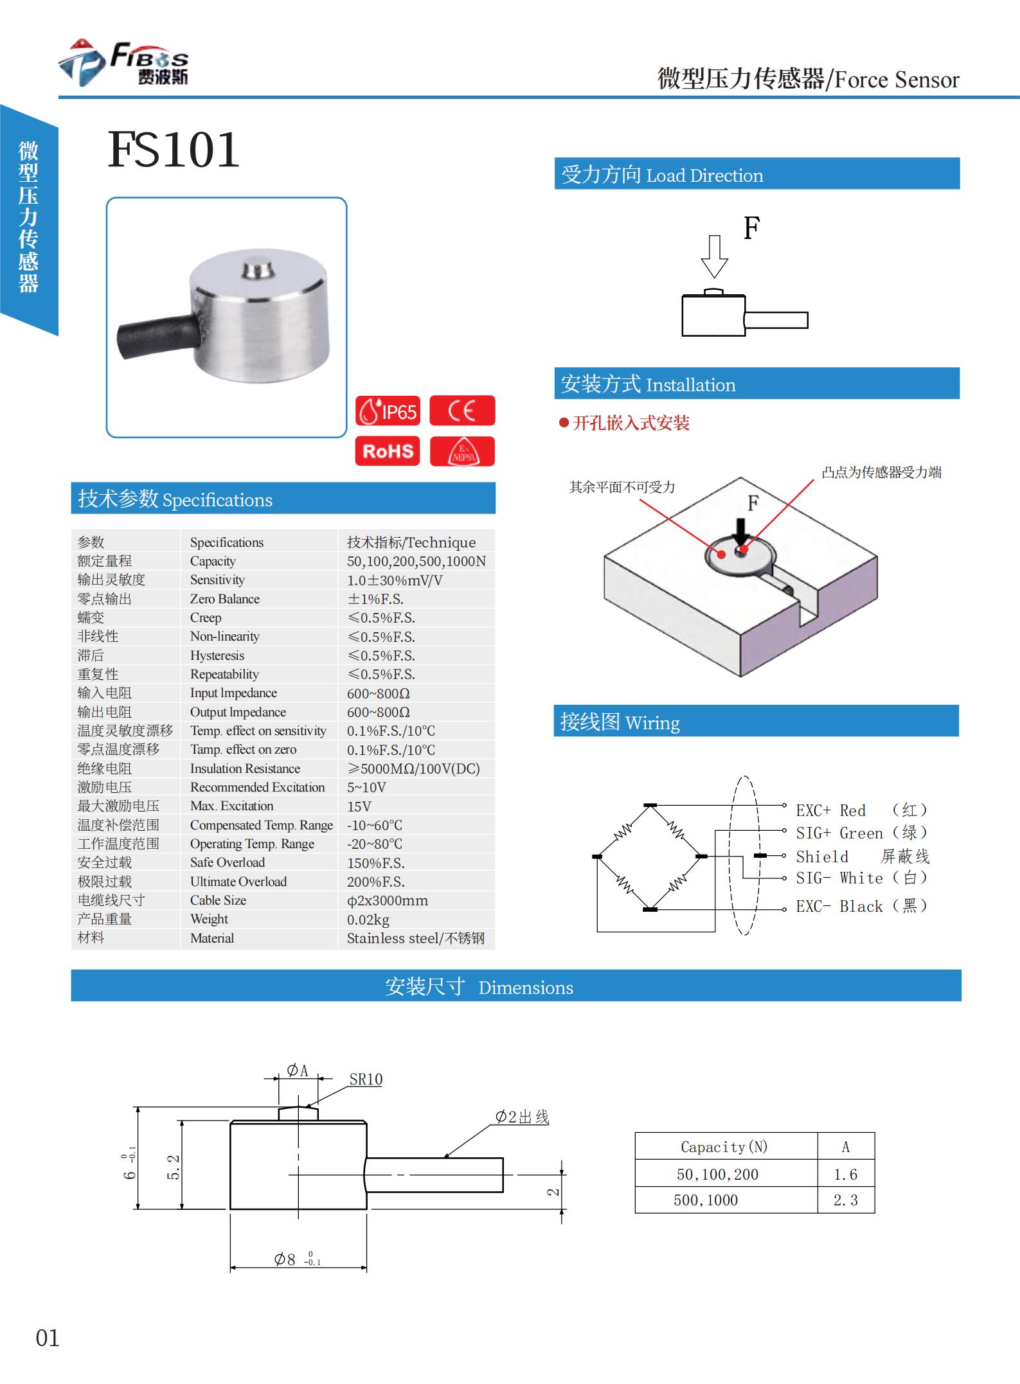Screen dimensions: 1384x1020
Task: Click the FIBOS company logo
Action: pos(123,63)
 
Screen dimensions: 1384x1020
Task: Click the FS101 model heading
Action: pos(174,150)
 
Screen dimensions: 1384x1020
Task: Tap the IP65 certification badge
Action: pos(388,411)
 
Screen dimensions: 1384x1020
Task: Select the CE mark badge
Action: pos(461,411)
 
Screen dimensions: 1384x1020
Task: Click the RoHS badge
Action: pos(388,451)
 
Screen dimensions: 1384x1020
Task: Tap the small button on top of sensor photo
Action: pos(258,270)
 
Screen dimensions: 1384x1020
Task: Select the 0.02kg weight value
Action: pos(368,919)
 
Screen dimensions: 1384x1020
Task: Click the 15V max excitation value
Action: pos(359,806)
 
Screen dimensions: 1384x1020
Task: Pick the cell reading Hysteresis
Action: pos(217,655)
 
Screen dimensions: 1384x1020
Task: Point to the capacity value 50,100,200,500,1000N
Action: pos(416,561)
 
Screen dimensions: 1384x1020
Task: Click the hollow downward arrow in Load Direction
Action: pos(714,256)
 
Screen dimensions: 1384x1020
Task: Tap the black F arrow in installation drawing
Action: pos(741,533)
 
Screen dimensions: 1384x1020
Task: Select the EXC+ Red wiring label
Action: pos(830,810)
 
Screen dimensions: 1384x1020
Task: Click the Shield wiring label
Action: pos(822,856)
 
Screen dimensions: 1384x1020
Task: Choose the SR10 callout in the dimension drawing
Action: pos(366,1079)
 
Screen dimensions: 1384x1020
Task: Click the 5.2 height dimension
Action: pos(174,1167)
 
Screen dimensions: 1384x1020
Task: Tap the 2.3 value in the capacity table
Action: pos(845,1200)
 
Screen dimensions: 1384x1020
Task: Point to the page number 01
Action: pos(48,1338)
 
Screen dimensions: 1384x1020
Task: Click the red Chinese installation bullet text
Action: pos(631,423)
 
